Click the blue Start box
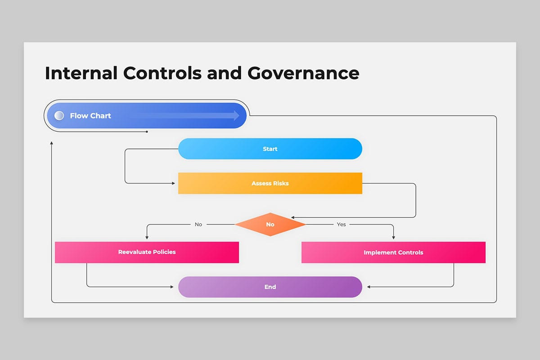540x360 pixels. click(270, 149)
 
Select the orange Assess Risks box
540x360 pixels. click(270, 184)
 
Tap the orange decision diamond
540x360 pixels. click(270, 224)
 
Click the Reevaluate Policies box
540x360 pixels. click(147, 252)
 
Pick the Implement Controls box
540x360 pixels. click(393, 252)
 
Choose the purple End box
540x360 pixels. click(270, 287)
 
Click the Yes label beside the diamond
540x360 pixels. click(342, 224)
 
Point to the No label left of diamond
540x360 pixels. click(198, 224)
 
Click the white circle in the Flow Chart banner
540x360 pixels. click(59, 116)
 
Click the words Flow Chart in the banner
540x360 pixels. click(90, 116)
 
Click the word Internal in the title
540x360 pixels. click(81, 73)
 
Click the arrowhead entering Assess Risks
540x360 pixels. click(174, 183)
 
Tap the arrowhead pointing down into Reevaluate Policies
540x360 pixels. click(147, 238)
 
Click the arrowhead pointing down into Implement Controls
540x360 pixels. click(394, 238)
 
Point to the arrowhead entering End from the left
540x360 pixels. click(172, 287)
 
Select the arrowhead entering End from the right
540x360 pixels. click(369, 287)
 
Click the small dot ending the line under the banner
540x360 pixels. click(147, 132)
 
